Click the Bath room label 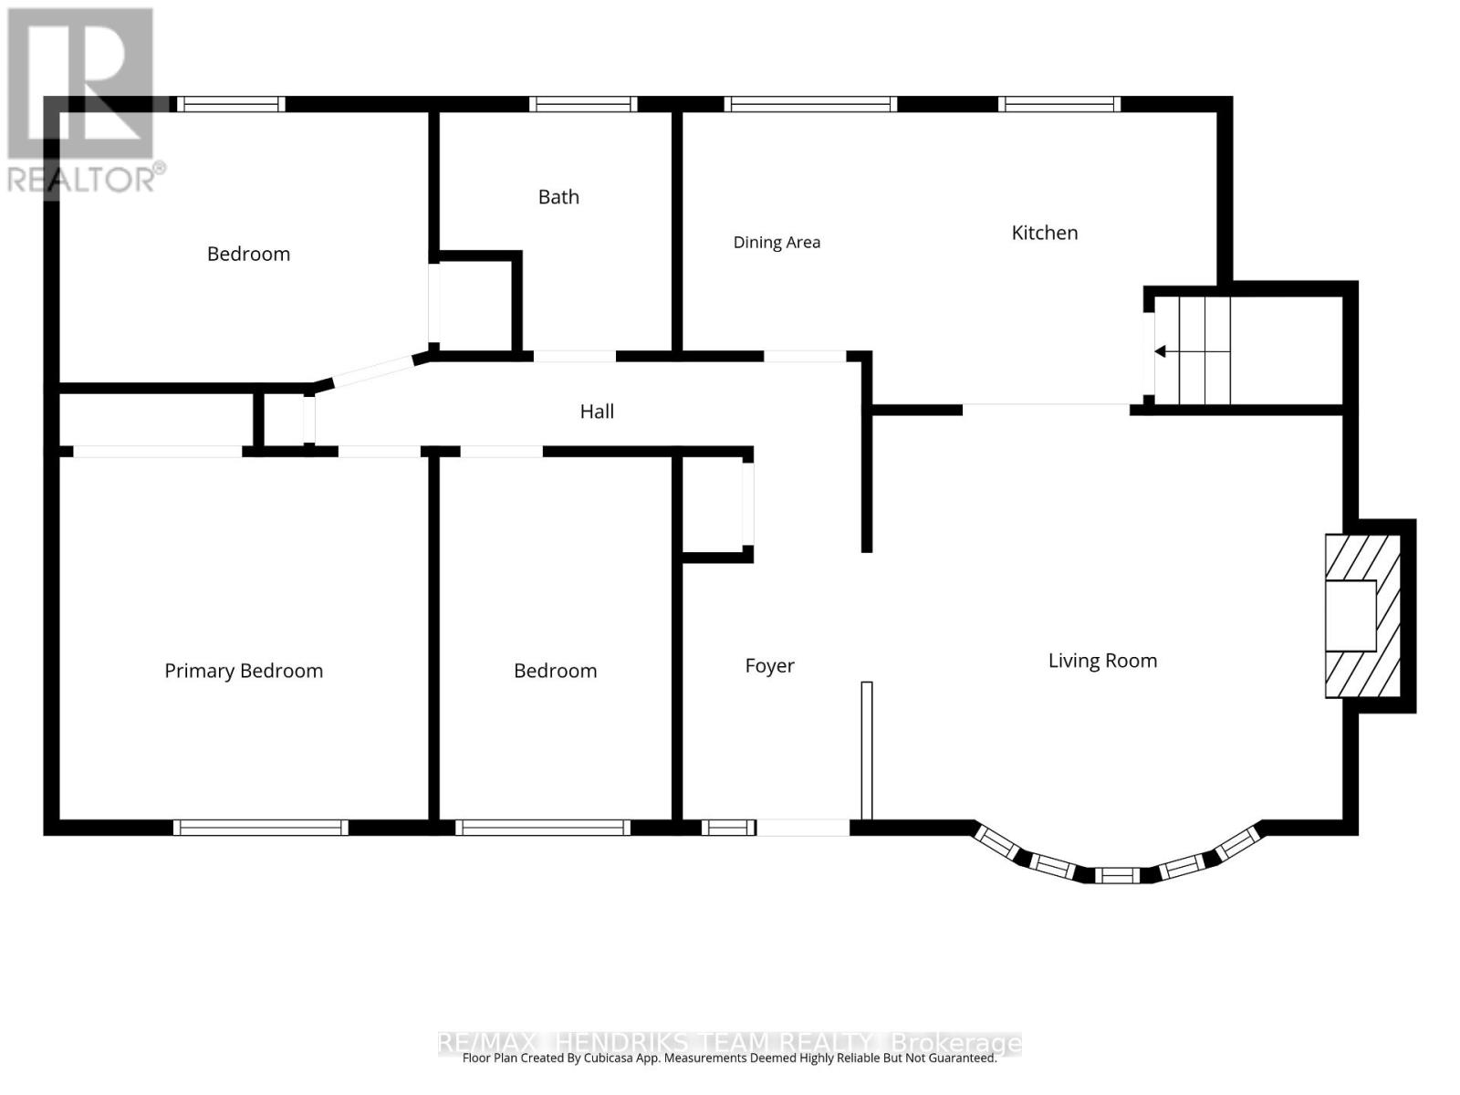pos(558,197)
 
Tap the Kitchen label pos(1044,233)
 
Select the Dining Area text pos(777,243)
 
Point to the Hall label pos(596,412)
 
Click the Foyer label pos(769,665)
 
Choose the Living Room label pos(1102,660)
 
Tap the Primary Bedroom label pos(244,671)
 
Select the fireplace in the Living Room pos(1362,616)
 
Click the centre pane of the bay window pos(1117,875)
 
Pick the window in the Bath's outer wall pos(583,104)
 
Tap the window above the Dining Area pos(809,104)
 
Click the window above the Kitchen pos(1058,104)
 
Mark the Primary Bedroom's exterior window pos(260,827)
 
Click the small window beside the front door pos(727,827)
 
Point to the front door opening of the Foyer pos(803,827)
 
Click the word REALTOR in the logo pos(81,180)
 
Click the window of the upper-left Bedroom pos(231,104)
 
